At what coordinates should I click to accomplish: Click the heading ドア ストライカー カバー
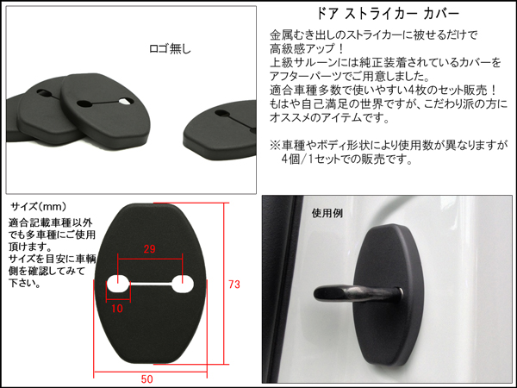[388, 14]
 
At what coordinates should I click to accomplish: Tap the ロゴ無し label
[170, 49]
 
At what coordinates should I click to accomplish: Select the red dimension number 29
[149, 249]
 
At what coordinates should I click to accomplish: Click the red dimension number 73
[234, 285]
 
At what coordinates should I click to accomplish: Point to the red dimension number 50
[147, 379]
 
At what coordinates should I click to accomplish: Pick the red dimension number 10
[117, 309]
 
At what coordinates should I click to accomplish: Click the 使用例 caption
[327, 213]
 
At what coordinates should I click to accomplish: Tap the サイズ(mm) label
[38, 207]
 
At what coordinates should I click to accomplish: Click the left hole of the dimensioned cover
[118, 284]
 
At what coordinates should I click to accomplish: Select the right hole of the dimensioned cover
[183, 284]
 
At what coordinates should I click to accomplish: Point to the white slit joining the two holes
[150, 284]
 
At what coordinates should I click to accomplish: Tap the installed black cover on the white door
[389, 295]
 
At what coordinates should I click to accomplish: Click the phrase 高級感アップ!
[307, 49]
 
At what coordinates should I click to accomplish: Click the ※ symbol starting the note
[275, 146]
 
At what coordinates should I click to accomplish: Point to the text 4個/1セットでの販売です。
[347, 160]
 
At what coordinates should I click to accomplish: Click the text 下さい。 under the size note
[24, 283]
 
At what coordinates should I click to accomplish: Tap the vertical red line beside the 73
[225, 284]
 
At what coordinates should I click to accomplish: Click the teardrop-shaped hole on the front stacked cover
[127, 101]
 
